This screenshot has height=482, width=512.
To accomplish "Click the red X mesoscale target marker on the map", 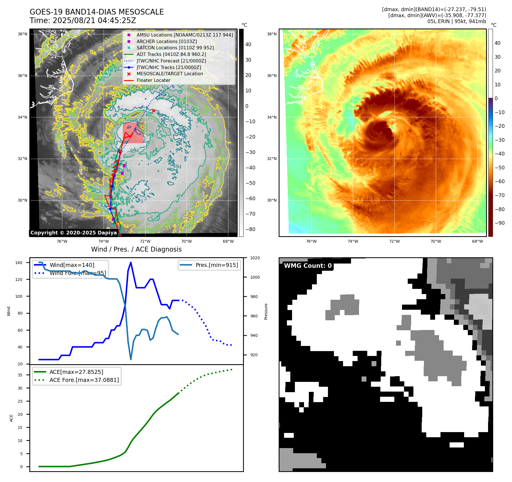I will point(154,111).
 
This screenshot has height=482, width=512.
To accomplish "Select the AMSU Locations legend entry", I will point(184,35).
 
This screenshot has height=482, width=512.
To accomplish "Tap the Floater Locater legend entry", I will point(153,80).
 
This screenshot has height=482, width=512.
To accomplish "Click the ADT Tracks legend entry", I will point(171,54).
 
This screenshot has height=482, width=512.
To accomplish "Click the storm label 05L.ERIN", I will point(438,21).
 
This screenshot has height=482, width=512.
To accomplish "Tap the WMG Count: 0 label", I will point(308,266).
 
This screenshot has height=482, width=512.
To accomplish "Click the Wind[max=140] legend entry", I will point(72,265).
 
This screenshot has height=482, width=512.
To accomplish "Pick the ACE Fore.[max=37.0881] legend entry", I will point(84,380).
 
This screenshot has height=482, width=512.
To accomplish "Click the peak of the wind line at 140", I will point(131,262).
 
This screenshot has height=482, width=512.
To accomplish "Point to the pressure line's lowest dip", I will point(131,359).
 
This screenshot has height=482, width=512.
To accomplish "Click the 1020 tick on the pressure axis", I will point(255,258).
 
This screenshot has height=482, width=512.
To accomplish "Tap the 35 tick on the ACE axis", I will point(20,375).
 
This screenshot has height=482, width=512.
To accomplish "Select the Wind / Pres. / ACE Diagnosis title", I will point(136,249).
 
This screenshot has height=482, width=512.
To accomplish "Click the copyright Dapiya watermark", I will point(74,233).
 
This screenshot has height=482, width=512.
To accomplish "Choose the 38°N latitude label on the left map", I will point(23,34).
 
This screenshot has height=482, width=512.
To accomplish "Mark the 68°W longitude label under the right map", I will point(478,241).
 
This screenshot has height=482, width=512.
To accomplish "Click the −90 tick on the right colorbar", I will point(499,223).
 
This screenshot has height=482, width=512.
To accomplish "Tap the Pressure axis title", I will point(266,311).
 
